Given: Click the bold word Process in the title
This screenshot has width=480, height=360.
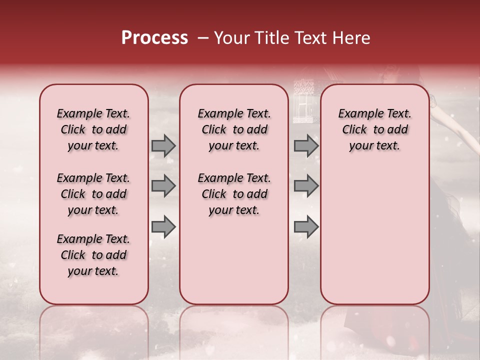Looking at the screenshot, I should [154, 38].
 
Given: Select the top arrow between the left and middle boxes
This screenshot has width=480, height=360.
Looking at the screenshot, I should [163, 146].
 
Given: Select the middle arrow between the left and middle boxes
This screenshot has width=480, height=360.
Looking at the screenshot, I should [163, 186].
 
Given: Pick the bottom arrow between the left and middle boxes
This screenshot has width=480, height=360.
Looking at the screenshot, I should [163, 227].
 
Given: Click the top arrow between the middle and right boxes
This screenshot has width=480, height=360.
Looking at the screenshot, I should [306, 146].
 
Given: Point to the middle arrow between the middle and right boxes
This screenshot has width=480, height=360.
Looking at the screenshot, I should [306, 186].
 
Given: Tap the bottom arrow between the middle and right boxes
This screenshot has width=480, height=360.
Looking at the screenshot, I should [306, 227].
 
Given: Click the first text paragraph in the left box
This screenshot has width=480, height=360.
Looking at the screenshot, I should [93, 129].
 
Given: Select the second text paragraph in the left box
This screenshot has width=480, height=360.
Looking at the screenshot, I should [93, 194].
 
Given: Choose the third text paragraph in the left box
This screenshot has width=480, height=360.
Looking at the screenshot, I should [93, 255].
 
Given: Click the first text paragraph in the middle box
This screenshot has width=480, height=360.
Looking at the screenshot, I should [234, 129].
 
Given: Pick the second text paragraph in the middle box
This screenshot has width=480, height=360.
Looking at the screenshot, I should [234, 194].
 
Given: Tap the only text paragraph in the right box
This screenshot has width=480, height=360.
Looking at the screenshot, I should [374, 129].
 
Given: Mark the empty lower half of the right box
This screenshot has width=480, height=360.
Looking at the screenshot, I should [374, 235].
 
